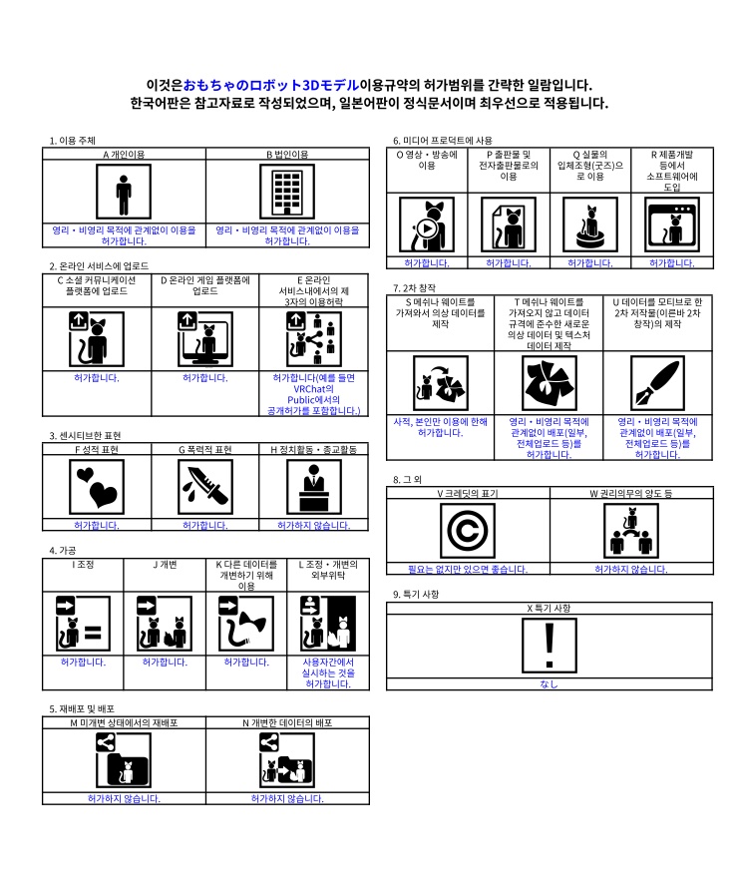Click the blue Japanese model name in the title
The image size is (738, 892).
(271, 86)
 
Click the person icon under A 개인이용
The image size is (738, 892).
(124, 192)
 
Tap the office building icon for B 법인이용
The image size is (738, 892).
(287, 192)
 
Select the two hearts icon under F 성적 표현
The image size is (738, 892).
(97, 487)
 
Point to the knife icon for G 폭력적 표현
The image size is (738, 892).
(205, 487)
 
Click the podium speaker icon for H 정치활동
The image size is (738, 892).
(314, 487)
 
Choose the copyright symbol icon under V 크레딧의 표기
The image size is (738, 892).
(468, 531)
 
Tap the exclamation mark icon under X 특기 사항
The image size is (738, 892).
(550, 646)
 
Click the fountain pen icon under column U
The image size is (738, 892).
(657, 383)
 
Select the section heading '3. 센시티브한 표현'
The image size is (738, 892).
(85, 436)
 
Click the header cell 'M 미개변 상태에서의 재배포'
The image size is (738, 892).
(124, 723)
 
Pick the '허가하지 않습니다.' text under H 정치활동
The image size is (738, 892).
(314, 525)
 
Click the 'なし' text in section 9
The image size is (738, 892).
(549, 683)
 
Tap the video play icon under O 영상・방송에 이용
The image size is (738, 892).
(427, 224)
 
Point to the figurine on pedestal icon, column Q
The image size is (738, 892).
(590, 224)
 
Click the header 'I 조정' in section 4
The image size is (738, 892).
(83, 565)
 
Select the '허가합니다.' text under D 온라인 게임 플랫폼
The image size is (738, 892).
(205, 378)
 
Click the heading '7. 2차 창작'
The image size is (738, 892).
(415, 287)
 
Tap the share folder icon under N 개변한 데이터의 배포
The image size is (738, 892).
(286, 760)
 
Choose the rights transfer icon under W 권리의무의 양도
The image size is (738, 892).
(631, 531)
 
